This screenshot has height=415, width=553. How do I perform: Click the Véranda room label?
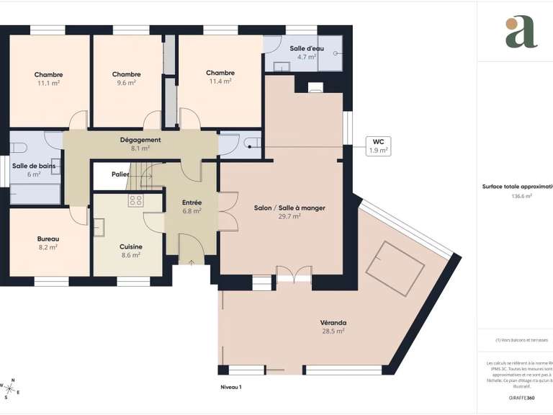click(x=333, y=322)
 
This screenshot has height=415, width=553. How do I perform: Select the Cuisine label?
click(x=131, y=246)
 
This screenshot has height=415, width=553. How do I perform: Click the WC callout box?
click(x=378, y=146)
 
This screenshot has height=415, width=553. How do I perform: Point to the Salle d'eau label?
click(x=307, y=48)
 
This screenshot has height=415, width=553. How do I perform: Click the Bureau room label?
click(x=48, y=238)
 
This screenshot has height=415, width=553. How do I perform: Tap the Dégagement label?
click(x=140, y=140)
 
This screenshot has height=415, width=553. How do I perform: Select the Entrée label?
click(x=192, y=203)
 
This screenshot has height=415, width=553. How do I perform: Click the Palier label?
click(x=120, y=174)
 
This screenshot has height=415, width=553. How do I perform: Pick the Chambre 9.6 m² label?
click(x=126, y=74)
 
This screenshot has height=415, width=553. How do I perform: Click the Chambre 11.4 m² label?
click(x=220, y=73)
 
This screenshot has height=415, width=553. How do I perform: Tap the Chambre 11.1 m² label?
click(x=48, y=74)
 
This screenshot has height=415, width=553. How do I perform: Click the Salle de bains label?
click(x=34, y=166)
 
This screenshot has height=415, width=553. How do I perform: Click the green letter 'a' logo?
click(x=521, y=32)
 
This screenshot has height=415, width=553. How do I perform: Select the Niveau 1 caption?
click(x=231, y=388)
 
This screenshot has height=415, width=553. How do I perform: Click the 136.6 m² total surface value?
click(x=521, y=196)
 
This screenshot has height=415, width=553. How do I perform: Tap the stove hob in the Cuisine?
click(x=135, y=201)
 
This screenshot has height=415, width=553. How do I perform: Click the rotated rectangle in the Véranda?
click(x=393, y=269)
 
